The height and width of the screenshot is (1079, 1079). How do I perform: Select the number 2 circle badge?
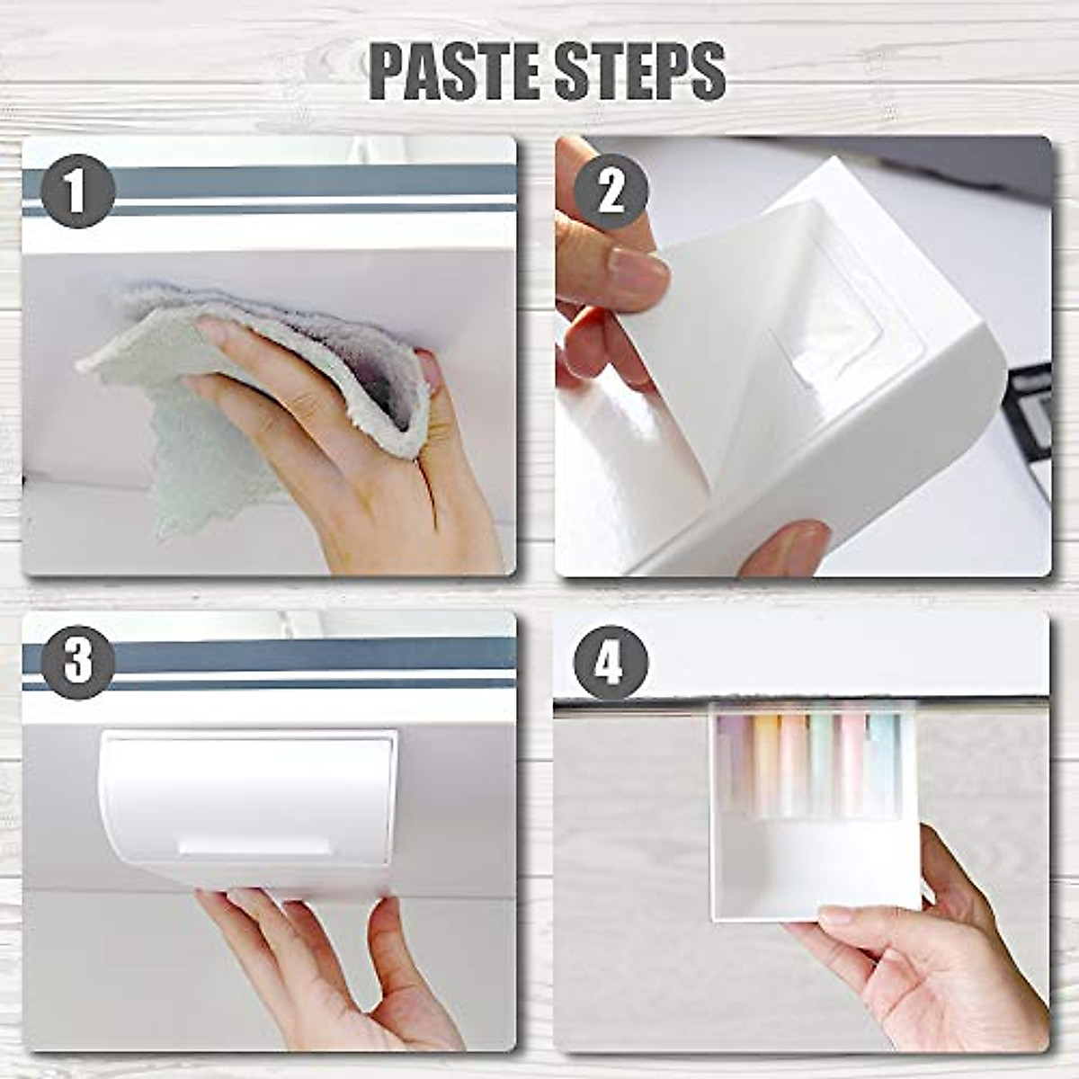[611, 191]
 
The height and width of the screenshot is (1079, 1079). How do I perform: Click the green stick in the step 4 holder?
[822, 764]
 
